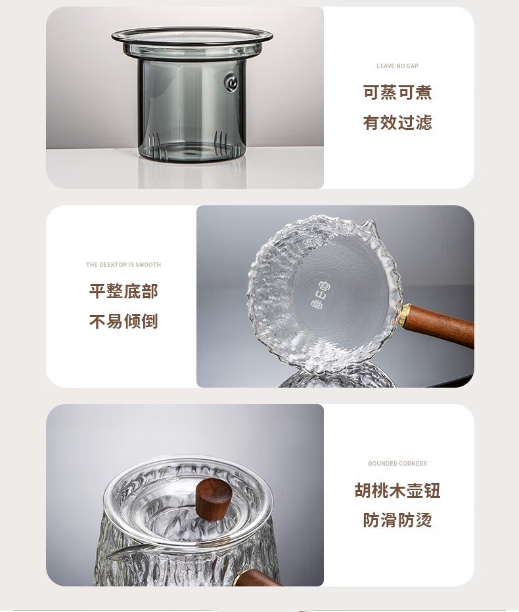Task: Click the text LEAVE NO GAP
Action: pos(397,66)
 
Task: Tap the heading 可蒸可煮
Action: pos(397,92)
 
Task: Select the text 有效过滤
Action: pos(397,122)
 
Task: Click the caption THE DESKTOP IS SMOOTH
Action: pos(124,264)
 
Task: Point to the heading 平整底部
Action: pos(124,291)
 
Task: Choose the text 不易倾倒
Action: pos(124,321)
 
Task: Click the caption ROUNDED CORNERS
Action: pos(397,463)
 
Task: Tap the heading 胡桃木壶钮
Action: pos(397,490)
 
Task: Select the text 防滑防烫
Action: pos(397,520)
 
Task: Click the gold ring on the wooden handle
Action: pos(405,315)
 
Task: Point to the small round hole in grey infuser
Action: pos(231,83)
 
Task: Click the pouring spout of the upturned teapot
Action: pos(369,226)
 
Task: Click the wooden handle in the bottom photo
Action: pos(258,578)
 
